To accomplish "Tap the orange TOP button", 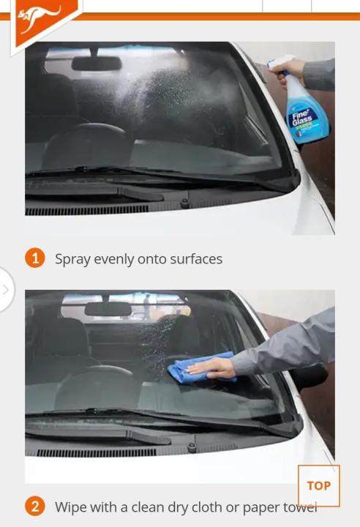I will [x=318, y=485].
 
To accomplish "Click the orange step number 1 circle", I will [x=34, y=258].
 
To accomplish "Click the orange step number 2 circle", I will [x=34, y=507].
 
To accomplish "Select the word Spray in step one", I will [x=72, y=259].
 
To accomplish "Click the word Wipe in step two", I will [x=70, y=507].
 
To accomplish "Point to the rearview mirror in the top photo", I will [x=96, y=64].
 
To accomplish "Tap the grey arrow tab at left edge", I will [x=6, y=289].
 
